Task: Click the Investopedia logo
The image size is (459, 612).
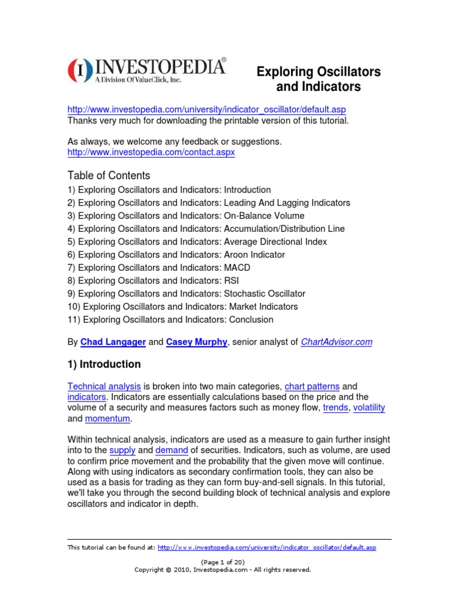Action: (146, 70)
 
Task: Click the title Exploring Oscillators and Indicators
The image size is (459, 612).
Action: (318, 79)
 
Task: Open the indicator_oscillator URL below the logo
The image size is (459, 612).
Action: (206, 109)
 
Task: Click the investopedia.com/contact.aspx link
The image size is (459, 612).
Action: (151, 152)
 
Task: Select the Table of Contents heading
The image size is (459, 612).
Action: (109, 176)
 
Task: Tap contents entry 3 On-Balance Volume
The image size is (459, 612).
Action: (186, 216)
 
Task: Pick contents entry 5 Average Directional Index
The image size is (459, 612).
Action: (197, 241)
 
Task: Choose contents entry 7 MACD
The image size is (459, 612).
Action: (161, 268)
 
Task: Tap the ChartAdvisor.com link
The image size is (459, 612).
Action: (336, 342)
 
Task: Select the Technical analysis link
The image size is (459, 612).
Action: (104, 387)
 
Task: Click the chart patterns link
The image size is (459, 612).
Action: (311, 387)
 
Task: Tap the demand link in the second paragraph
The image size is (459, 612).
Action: (172, 450)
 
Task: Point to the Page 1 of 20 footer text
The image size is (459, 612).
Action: (222, 562)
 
